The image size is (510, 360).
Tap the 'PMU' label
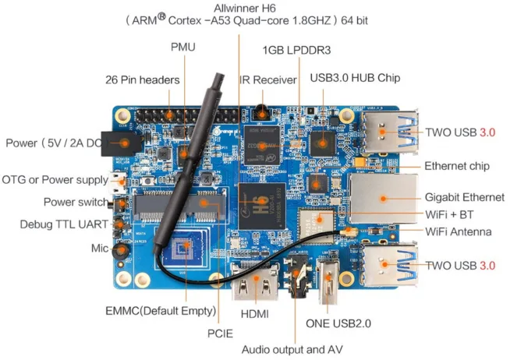182,48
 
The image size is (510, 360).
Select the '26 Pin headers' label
143,79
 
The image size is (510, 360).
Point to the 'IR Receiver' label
268,79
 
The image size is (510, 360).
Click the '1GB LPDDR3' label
297,51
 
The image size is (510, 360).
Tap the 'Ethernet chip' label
456,166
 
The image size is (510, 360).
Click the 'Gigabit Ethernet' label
464,196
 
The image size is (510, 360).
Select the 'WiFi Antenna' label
458,231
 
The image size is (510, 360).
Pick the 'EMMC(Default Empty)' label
160,311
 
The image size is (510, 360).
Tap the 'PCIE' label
221,331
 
